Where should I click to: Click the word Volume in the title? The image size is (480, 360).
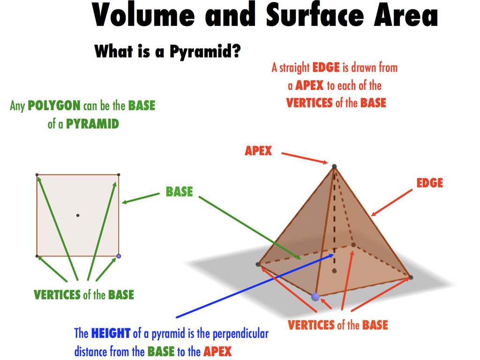[x=143, y=15]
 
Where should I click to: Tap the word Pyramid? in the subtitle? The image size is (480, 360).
[x=205, y=51]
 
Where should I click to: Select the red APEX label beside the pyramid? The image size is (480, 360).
[x=258, y=150]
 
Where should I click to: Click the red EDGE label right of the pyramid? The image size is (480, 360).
[x=429, y=183]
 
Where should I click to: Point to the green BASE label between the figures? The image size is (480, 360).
[x=180, y=192]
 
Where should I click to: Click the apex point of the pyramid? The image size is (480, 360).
[x=334, y=166]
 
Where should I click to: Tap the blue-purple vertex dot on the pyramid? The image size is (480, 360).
[x=315, y=297]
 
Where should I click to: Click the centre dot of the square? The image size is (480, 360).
[x=78, y=216]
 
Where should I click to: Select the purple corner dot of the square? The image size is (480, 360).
[x=119, y=256]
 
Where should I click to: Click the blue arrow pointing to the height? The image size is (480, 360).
[x=255, y=286]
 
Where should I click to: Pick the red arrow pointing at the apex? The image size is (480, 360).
[x=305, y=158]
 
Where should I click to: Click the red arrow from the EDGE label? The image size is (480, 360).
[x=391, y=202]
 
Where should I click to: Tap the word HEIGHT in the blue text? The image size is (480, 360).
[x=111, y=333]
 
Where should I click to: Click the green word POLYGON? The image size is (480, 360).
[x=54, y=105]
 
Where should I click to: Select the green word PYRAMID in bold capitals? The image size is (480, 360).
[x=92, y=124]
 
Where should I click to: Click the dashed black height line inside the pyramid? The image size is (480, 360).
[x=334, y=218]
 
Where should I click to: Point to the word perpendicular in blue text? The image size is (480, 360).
[x=240, y=334]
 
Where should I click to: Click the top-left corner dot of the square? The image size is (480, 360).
[x=37, y=175]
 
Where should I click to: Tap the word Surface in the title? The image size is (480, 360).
[x=315, y=15]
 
